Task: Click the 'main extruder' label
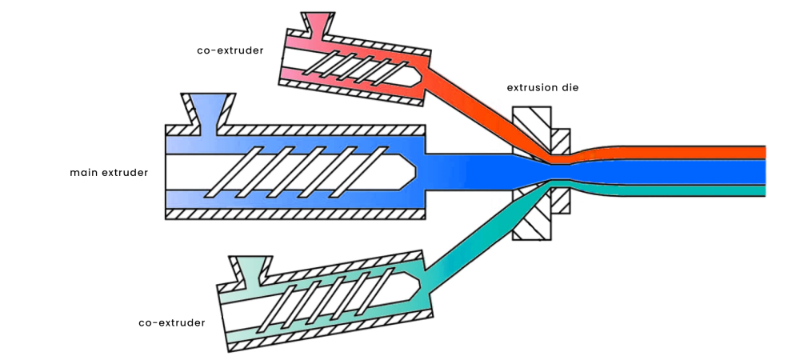[108, 172]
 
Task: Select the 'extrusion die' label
[542, 87]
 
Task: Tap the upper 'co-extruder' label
[230, 50]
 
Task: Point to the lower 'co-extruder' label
[171, 322]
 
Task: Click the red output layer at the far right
[720, 152]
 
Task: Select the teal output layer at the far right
[720, 190]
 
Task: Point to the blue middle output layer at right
[720, 171]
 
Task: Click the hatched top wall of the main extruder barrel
[320, 129]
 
